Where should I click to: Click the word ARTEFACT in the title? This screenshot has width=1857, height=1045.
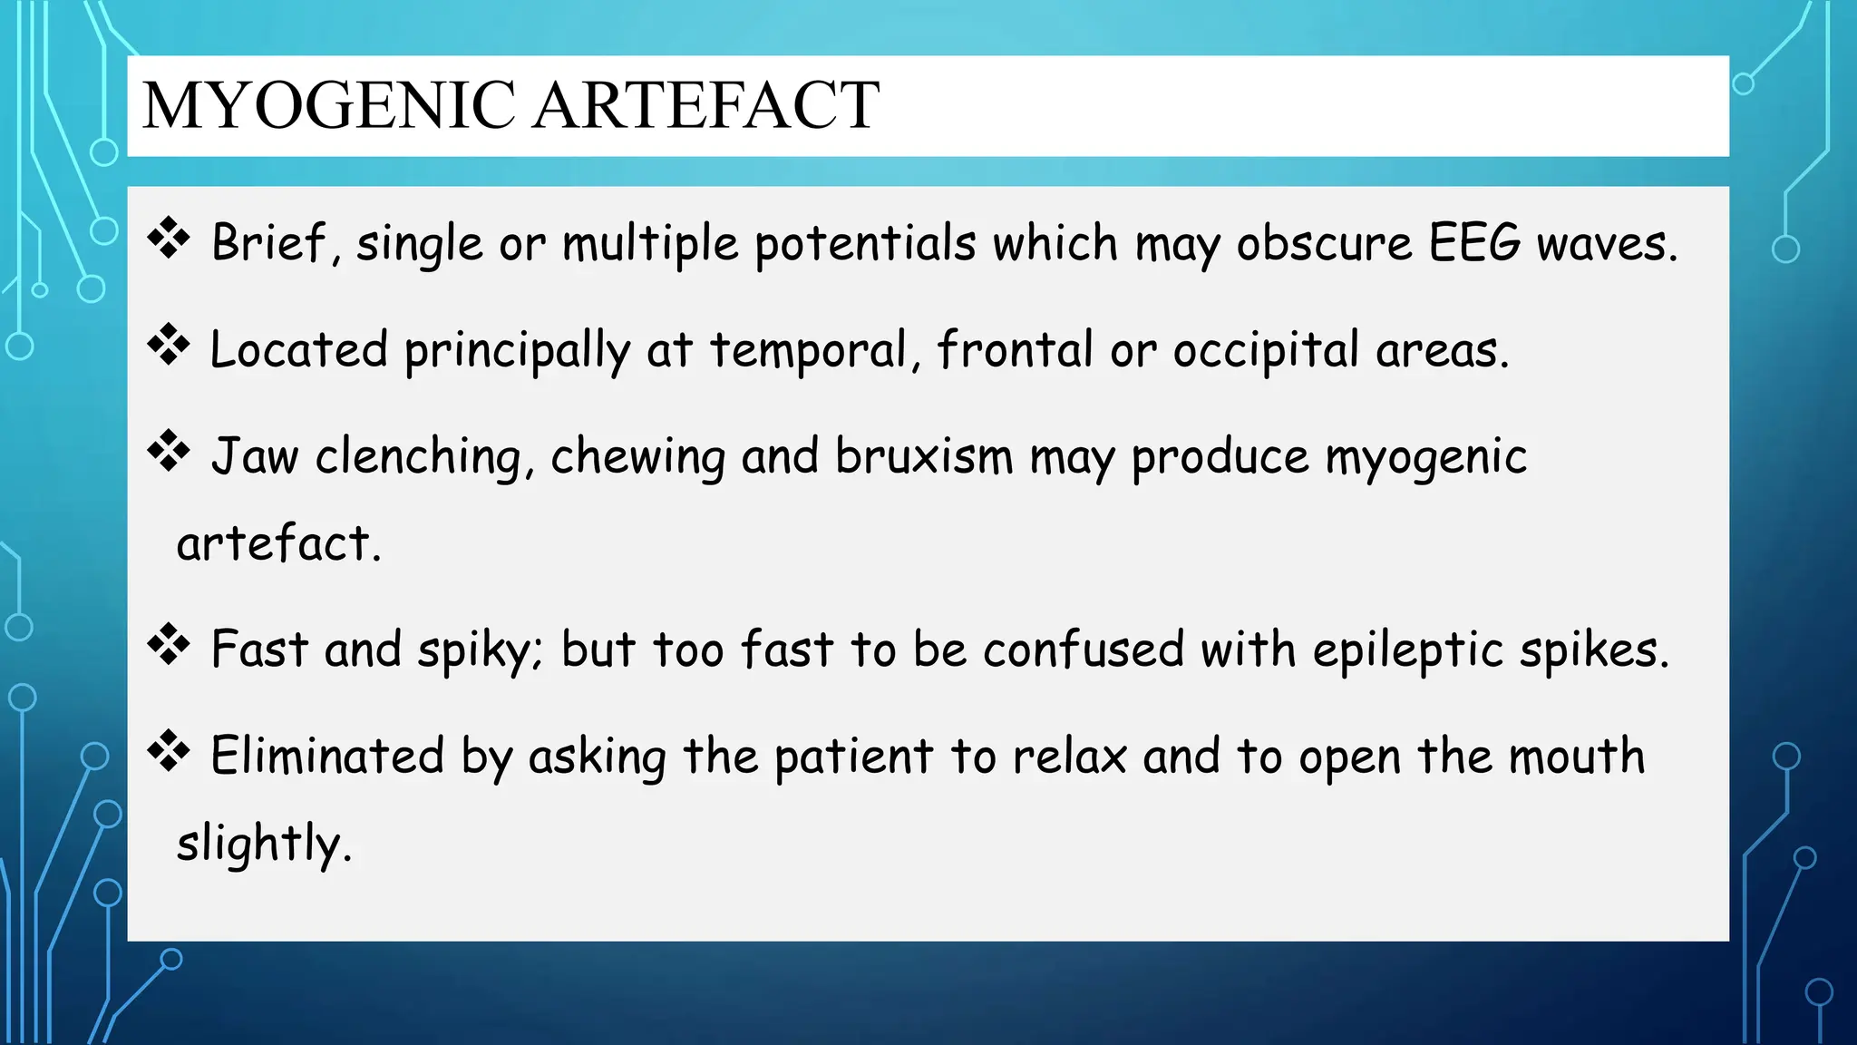[x=705, y=105]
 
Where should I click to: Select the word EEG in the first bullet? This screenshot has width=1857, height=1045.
[x=1474, y=243]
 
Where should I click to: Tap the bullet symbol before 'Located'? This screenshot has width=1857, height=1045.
[x=169, y=346]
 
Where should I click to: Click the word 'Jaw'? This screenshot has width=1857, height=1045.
[x=254, y=456]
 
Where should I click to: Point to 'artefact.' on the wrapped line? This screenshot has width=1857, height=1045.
[x=278, y=544]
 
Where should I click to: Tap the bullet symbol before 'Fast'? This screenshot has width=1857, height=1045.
[x=169, y=646]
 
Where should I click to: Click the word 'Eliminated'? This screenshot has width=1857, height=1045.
[x=327, y=756]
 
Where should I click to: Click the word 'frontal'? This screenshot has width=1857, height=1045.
[x=1015, y=350]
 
